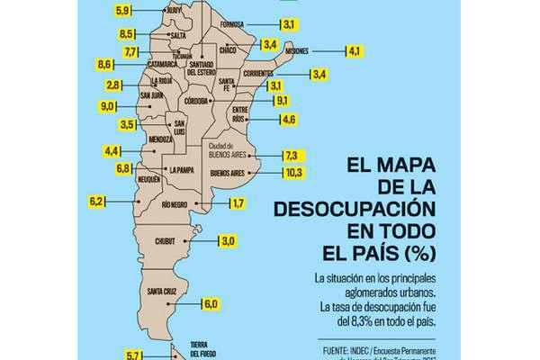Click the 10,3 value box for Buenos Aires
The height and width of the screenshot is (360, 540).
(292, 172)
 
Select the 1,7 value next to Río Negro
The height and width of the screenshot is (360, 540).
(238, 204)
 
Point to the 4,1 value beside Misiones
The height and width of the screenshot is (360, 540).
(329, 52)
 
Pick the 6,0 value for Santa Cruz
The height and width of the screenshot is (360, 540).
(211, 304)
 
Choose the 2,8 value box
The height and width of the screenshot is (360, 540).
(113, 85)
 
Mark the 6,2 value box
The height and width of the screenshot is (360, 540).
(97, 200)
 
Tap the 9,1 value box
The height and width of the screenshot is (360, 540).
(282, 101)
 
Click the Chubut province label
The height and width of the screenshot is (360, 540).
(167, 241)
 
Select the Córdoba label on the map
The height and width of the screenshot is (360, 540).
(197, 102)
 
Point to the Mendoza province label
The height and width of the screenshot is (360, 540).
(162, 139)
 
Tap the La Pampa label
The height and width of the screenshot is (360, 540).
(183, 168)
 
